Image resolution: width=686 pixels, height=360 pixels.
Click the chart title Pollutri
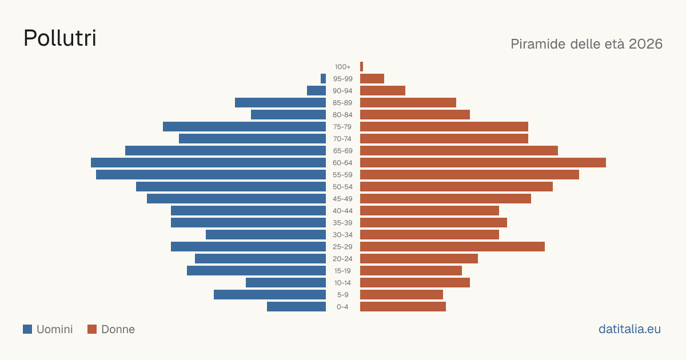pyautogui.click(x=60, y=38)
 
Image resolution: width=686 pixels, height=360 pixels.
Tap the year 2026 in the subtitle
pyautogui.click(x=645, y=44)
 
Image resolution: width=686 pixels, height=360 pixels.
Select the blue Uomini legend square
pyautogui.click(x=27, y=329)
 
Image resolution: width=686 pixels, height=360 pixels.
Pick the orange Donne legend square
pyautogui.click(x=92, y=329)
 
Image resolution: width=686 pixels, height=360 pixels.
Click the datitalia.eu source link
pyautogui.click(x=629, y=329)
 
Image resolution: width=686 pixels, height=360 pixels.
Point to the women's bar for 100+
pyautogui.click(x=361, y=67)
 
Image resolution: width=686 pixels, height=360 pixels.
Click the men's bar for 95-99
pyautogui.click(x=323, y=79)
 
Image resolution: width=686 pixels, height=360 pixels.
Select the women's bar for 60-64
pyautogui.click(x=483, y=162)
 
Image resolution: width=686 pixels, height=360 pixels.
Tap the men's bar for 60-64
pyautogui.click(x=208, y=162)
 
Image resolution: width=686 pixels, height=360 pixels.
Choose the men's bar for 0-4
pyautogui.click(x=297, y=307)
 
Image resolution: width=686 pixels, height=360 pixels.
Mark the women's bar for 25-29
pyautogui.click(x=452, y=247)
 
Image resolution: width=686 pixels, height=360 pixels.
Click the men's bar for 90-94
pyautogui.click(x=316, y=91)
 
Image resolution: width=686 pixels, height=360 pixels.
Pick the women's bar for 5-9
pyautogui.click(x=401, y=295)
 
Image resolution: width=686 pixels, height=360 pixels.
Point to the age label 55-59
pyautogui.click(x=342, y=175)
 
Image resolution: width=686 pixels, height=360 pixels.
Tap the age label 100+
pyautogui.click(x=342, y=67)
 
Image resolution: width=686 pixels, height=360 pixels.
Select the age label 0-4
pyautogui.click(x=342, y=307)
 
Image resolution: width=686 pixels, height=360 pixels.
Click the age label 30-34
pyautogui.click(x=342, y=235)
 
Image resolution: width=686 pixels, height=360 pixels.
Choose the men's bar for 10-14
pyautogui.click(x=286, y=283)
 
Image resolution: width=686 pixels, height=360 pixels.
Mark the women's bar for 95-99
pyautogui.click(x=372, y=79)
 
